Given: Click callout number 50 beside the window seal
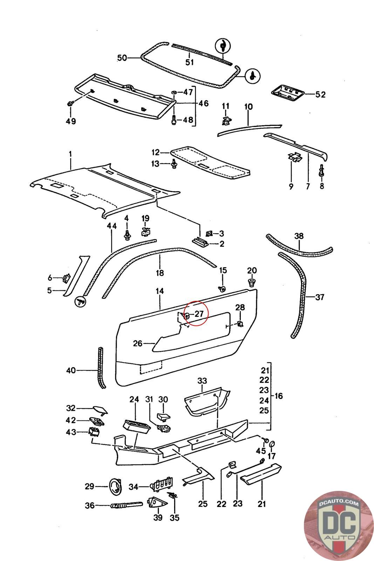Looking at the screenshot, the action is point(122,58).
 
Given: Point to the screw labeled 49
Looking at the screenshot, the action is point(70,103).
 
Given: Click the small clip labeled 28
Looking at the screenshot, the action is point(240,324).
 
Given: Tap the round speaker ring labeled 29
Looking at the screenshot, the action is point(115,487).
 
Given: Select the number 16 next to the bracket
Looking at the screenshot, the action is point(278,396).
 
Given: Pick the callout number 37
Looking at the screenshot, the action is point(320,297).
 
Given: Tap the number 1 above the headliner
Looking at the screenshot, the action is point(70,154).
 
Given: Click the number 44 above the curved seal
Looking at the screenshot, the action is point(112,226).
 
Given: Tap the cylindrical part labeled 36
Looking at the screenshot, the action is point(127,505).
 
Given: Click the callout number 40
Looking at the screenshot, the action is point(71,370).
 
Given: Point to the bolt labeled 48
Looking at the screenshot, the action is point(174,119).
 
